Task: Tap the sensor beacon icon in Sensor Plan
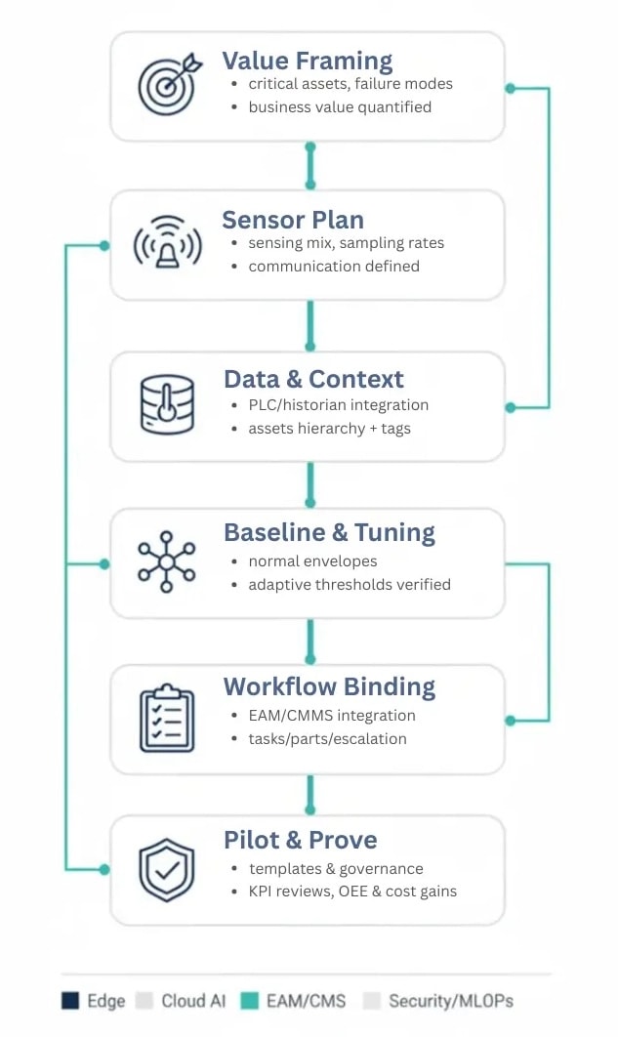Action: click(x=167, y=244)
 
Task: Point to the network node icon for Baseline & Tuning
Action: click(x=167, y=560)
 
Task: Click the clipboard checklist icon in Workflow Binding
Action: click(x=167, y=719)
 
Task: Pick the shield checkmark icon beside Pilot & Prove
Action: click(x=167, y=869)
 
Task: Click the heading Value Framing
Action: click(x=307, y=61)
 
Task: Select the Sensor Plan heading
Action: click(x=293, y=219)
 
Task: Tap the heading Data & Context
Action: click(x=313, y=379)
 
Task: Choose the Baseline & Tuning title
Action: click(x=329, y=532)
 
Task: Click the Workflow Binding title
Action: click(x=328, y=686)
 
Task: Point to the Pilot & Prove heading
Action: click(x=300, y=840)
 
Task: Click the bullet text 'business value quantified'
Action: click(x=339, y=107)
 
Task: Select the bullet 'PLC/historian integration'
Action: click(x=338, y=405)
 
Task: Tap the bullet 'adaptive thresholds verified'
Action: click(x=349, y=585)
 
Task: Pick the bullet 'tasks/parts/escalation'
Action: click(x=327, y=739)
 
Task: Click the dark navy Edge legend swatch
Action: click(x=69, y=1001)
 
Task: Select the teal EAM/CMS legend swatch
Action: click(x=250, y=1001)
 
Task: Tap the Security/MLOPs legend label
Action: click(x=450, y=1001)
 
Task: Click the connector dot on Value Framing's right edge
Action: click(x=509, y=88)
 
